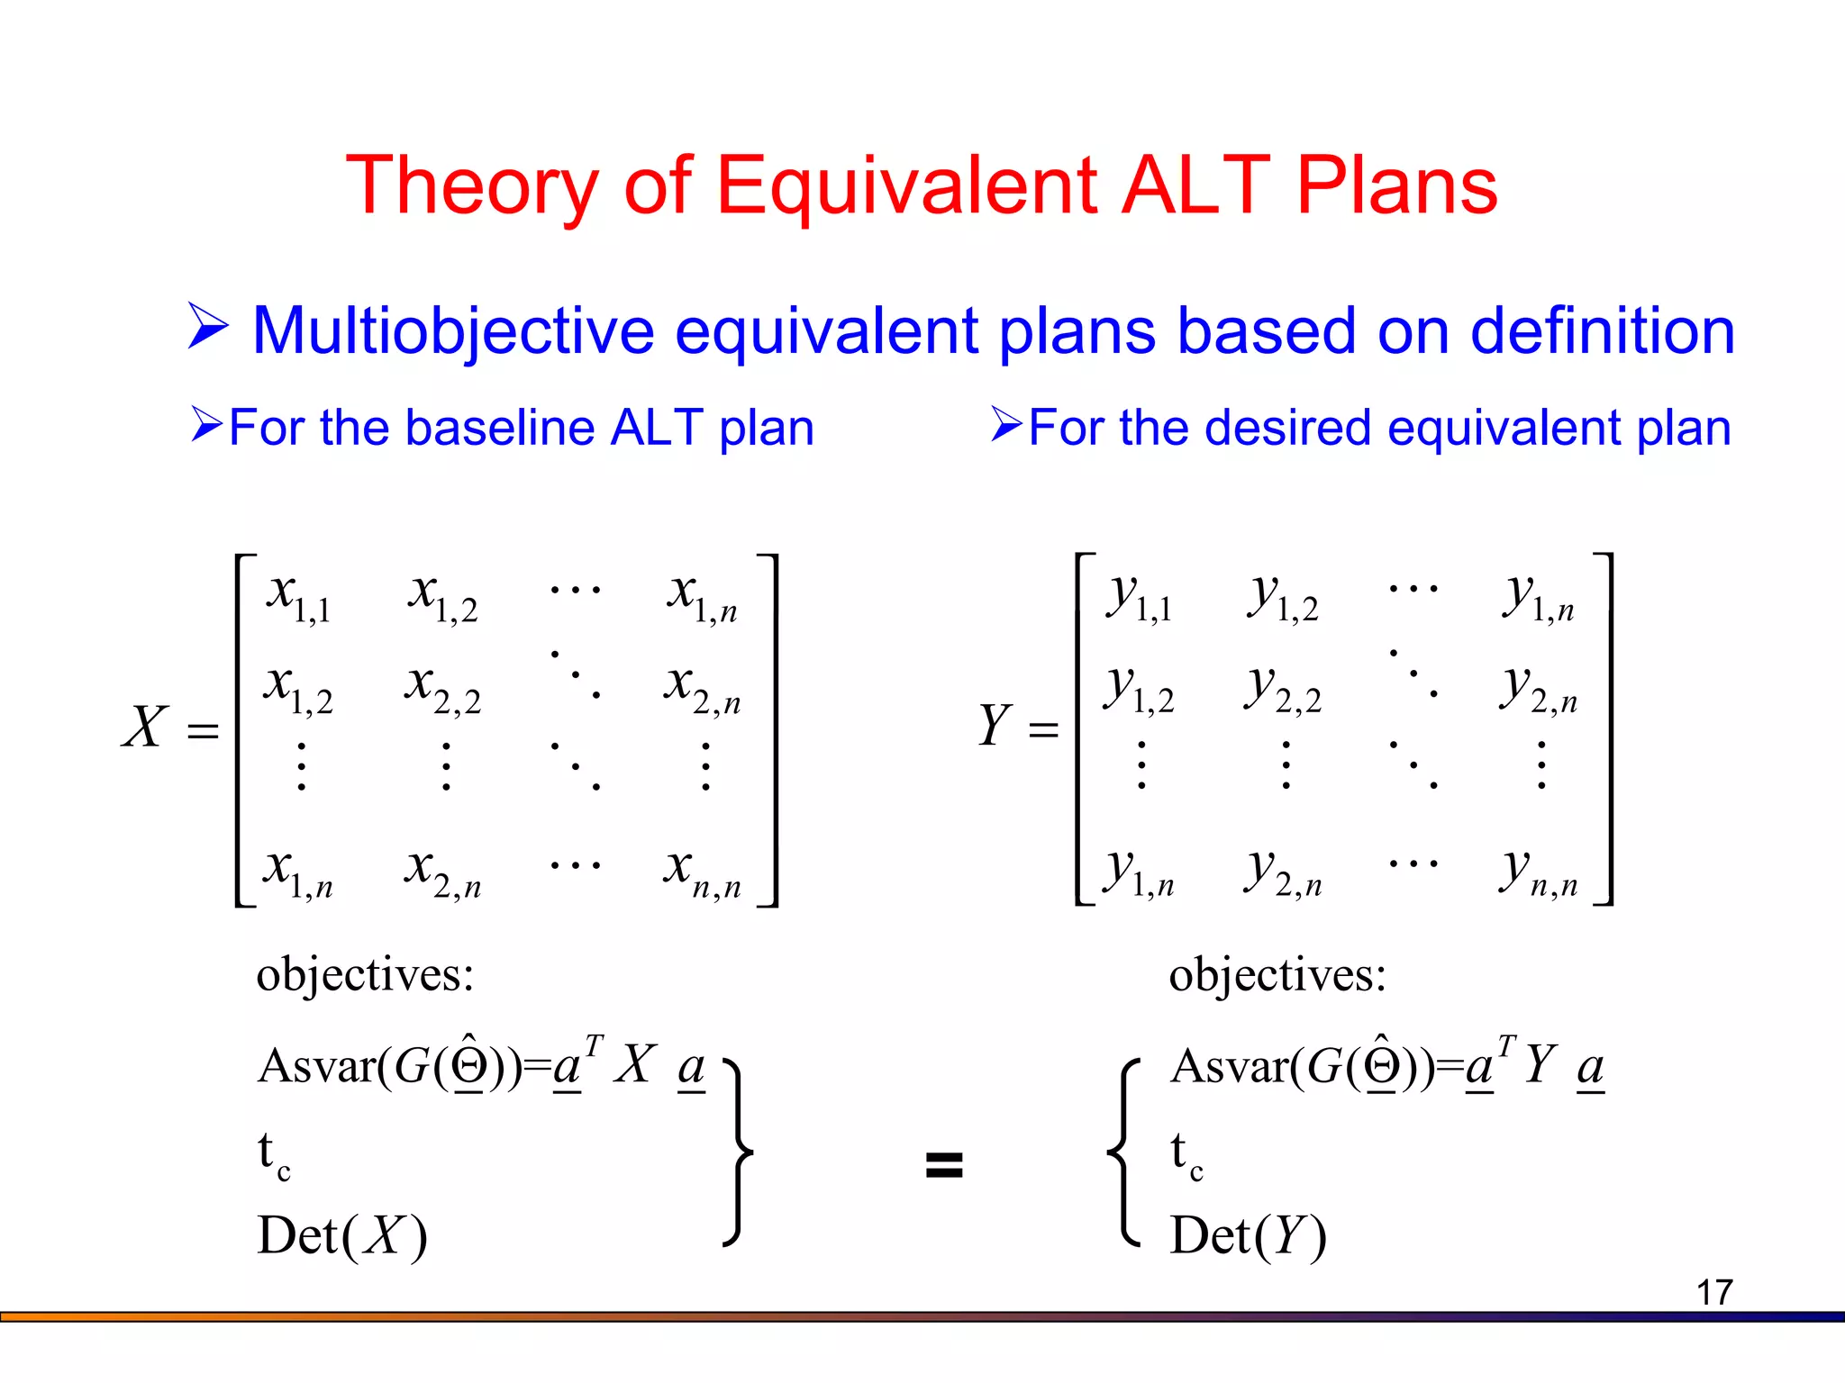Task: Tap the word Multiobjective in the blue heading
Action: [453, 331]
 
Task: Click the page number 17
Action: [1713, 1293]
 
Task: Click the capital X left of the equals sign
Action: [145, 727]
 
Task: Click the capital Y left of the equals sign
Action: [995, 726]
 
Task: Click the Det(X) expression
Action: [341, 1235]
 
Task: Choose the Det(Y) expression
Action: [1248, 1235]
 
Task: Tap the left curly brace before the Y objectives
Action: [1122, 1152]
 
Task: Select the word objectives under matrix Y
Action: [1277, 975]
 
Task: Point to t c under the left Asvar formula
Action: [273, 1155]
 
